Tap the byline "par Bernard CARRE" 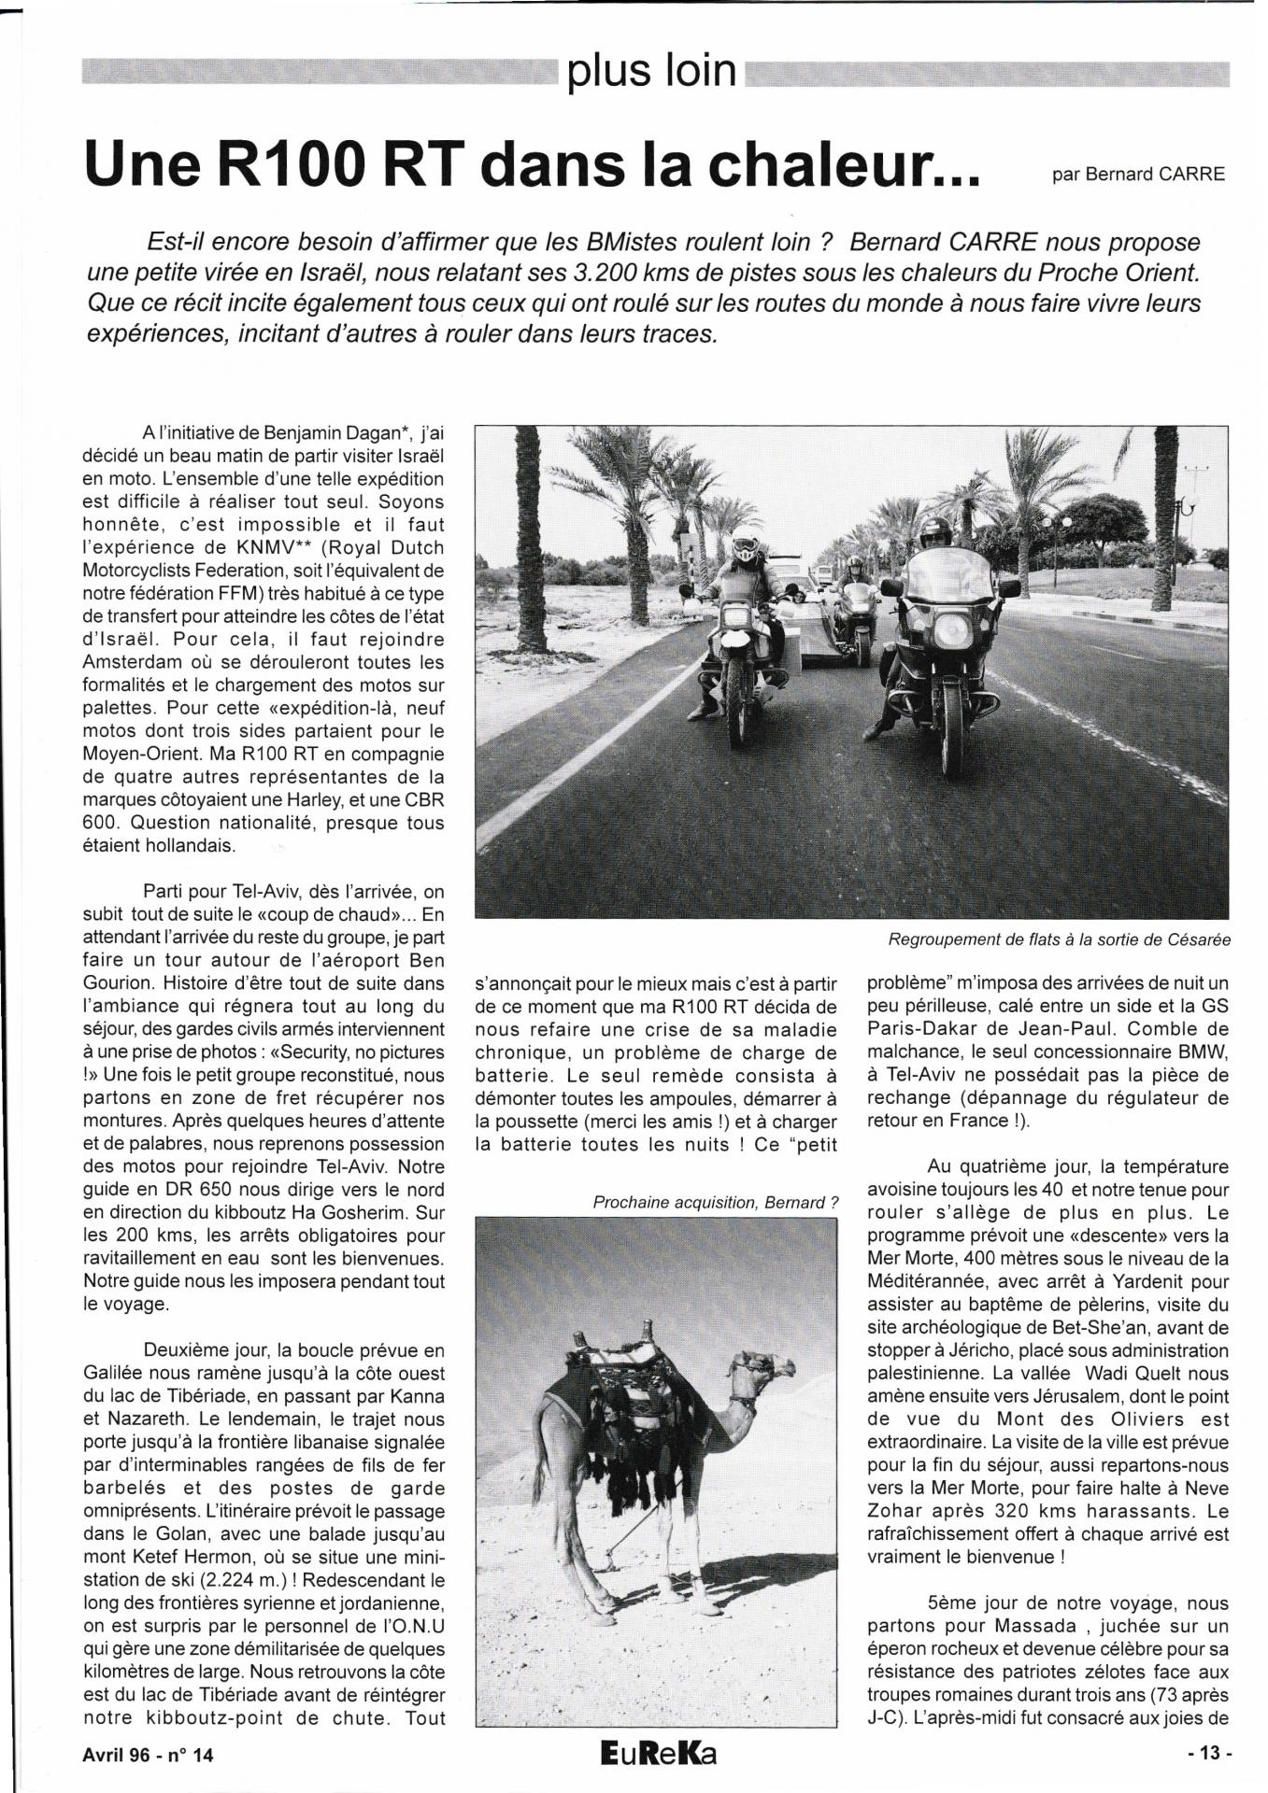pyautogui.click(x=1137, y=175)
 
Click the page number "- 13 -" pyautogui.click(x=1210, y=1755)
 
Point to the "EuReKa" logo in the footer pyautogui.click(x=660, y=1754)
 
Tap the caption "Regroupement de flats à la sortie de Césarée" pyautogui.click(x=1058, y=940)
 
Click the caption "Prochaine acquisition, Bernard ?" pyautogui.click(x=709, y=1203)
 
